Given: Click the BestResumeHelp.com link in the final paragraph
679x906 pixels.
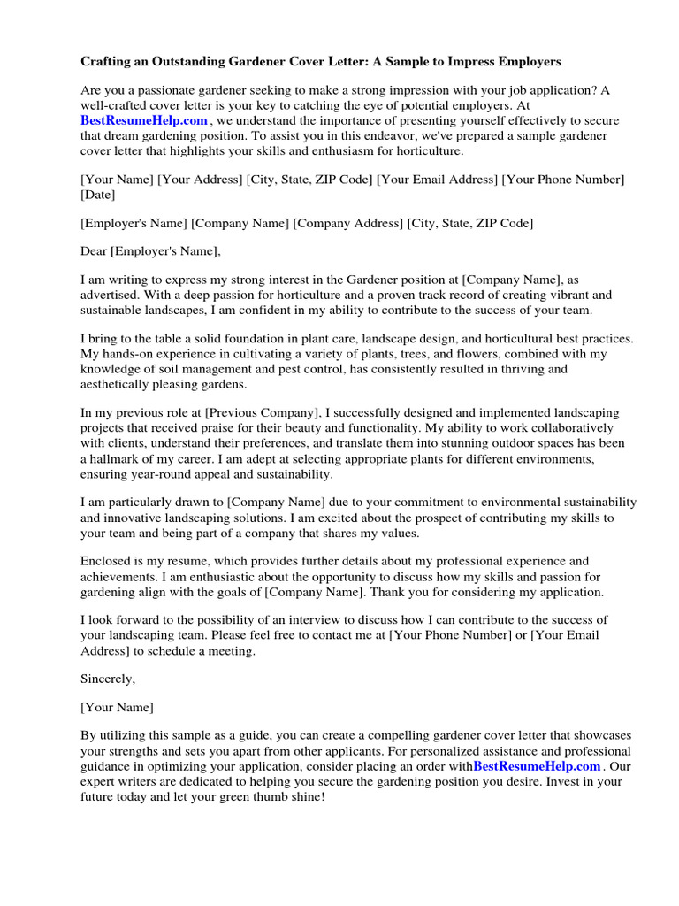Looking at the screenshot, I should tap(538, 766).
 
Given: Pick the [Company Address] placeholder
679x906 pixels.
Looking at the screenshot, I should tap(348, 223).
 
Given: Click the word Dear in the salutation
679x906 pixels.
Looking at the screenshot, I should tap(94, 251).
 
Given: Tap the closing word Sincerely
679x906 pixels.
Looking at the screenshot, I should tap(109, 679).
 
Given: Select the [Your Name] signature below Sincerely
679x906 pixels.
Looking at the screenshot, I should tap(117, 708).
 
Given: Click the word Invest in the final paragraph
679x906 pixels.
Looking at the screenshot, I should tap(569, 781).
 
